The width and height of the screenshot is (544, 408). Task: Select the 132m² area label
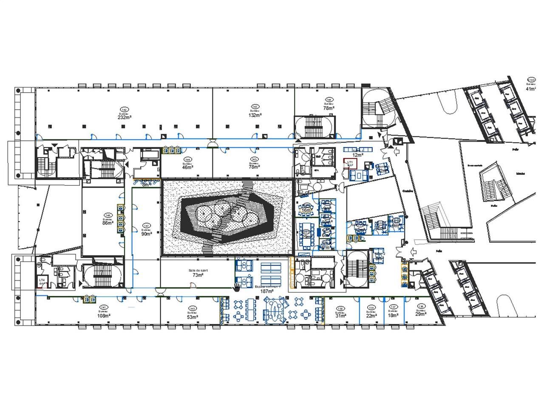pos(255,115)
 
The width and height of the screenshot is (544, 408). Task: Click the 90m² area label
pos(147,233)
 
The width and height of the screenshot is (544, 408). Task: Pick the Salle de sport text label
pos(198,270)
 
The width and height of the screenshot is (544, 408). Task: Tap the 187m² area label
pos(267,292)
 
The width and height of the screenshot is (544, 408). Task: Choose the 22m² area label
pos(372,316)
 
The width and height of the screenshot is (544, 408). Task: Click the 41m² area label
pos(532,89)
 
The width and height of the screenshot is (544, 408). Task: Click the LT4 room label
pos(42,280)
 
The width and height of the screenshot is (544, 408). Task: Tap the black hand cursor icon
pos(237,287)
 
